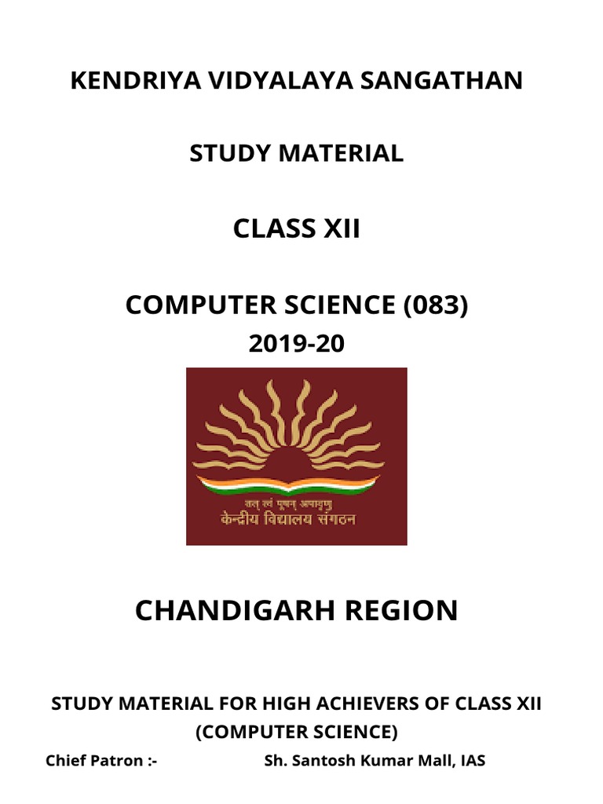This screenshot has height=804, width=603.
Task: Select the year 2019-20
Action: pos(297,343)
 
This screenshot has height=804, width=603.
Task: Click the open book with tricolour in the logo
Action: pos(297,481)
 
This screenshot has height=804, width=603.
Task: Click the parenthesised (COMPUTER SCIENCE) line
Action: pos(297,732)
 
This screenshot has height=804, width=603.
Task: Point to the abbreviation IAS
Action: pos(471,760)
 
